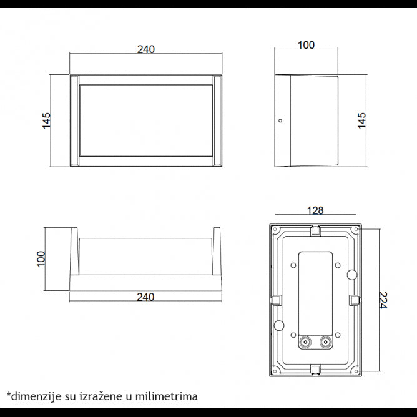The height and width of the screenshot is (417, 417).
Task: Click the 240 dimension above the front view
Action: click(x=145, y=49)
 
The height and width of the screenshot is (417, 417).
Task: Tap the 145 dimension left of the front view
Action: click(x=47, y=120)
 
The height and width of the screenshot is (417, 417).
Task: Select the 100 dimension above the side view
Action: click(x=307, y=45)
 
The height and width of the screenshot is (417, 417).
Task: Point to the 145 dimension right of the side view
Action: click(x=362, y=120)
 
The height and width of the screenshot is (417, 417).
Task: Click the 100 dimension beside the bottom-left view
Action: click(x=41, y=259)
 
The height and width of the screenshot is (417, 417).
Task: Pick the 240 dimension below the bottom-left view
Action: click(x=145, y=297)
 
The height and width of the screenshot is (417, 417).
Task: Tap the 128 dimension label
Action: click(x=315, y=211)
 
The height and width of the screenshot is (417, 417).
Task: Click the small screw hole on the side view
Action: click(x=280, y=120)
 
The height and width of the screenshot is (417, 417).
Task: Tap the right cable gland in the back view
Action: click(x=325, y=342)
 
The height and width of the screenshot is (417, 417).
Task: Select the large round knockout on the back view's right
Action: click(x=351, y=274)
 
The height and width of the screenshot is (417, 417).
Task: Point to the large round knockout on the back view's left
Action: click(x=279, y=325)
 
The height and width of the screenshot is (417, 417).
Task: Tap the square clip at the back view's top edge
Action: click(x=315, y=230)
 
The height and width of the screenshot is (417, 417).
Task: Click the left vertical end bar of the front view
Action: click(x=74, y=120)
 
